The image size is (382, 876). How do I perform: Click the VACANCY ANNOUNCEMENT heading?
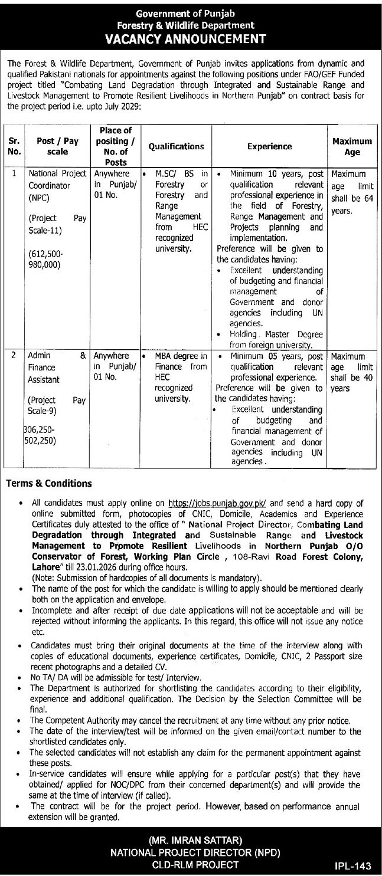pos(191,38)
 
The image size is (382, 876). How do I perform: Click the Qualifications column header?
pos(176,146)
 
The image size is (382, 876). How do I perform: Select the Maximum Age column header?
pos(352,146)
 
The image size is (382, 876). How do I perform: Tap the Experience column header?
pos(270,146)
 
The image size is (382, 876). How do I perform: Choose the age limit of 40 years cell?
pos(352,372)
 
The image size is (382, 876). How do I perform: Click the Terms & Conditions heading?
pos(48,483)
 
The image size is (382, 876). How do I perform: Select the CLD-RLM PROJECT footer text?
pos(191,864)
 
